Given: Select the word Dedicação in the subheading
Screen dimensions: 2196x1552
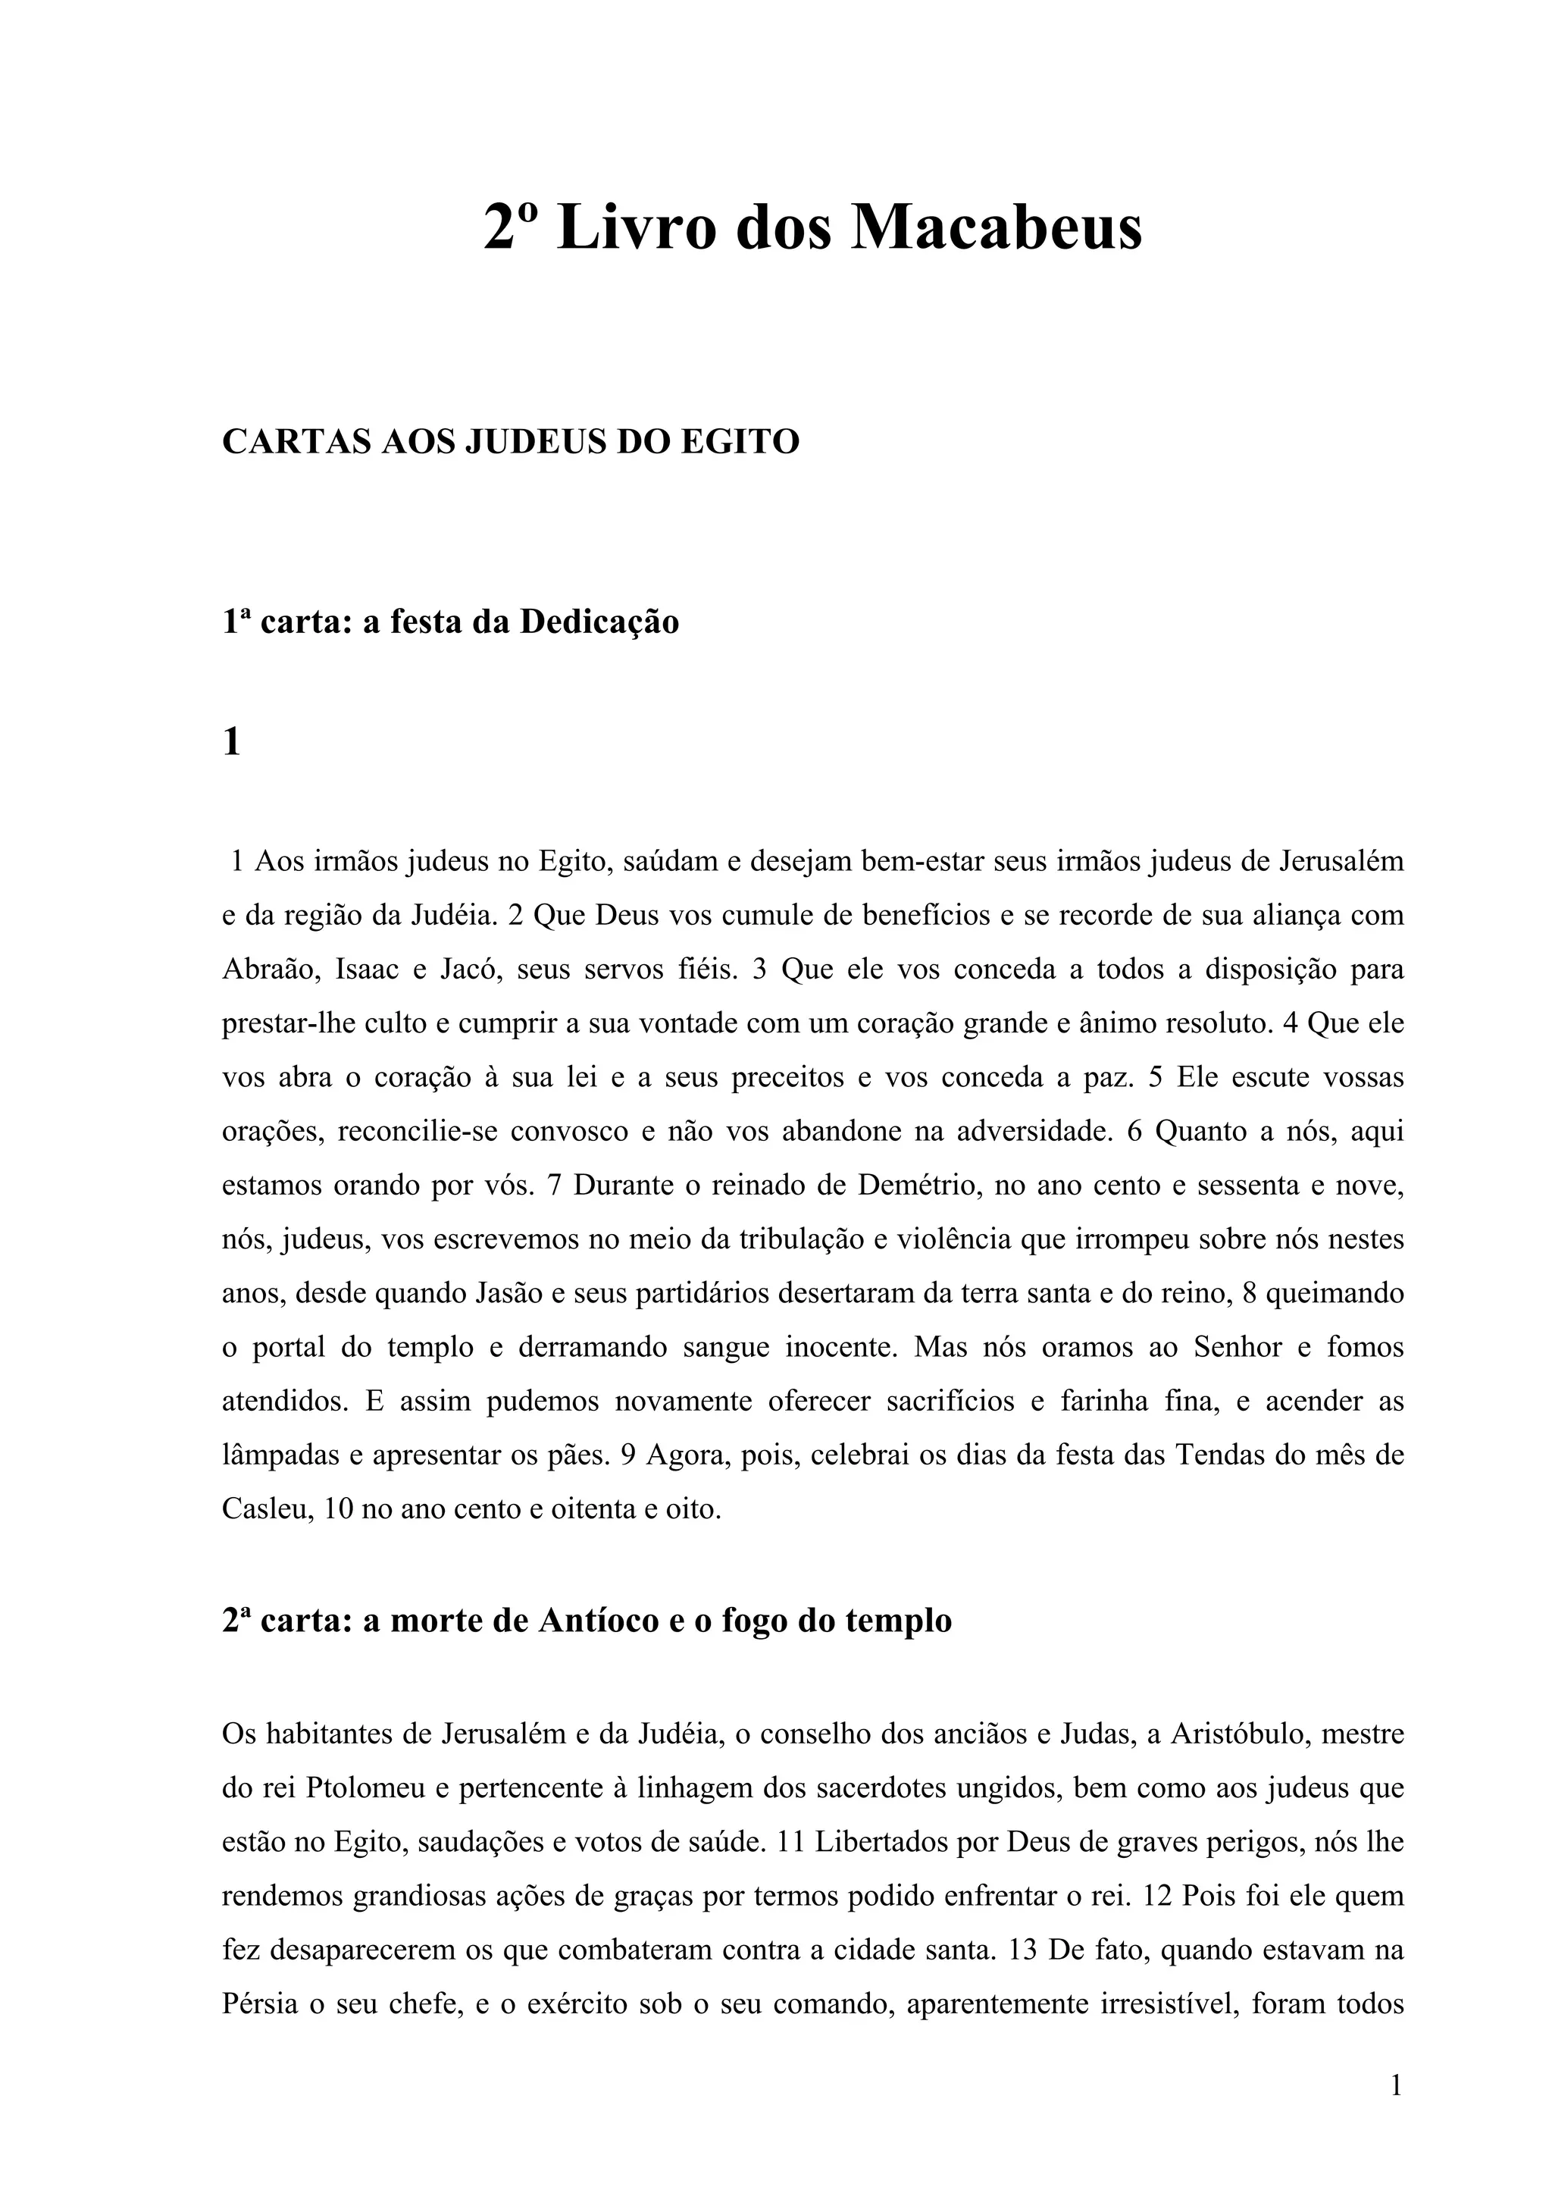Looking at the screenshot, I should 599,622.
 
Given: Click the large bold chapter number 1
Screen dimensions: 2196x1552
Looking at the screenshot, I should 231,741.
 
